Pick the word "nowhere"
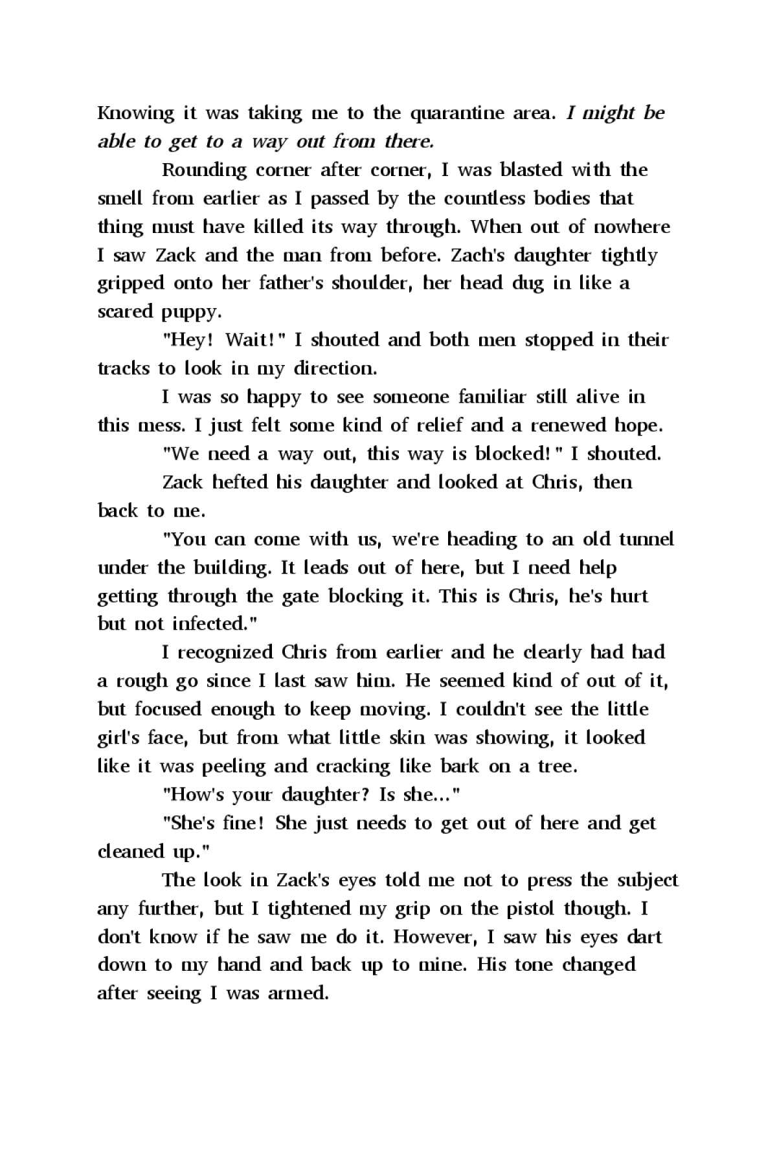pyautogui.click(x=633, y=227)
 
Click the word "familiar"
pyautogui.click(x=492, y=397)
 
